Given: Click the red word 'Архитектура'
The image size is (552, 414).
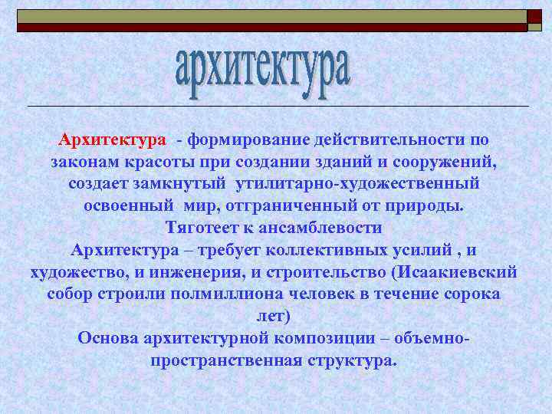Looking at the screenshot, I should (112, 141).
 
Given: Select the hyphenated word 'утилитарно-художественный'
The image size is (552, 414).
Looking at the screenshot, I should (358, 185).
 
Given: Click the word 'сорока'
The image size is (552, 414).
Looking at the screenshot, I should (473, 294).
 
